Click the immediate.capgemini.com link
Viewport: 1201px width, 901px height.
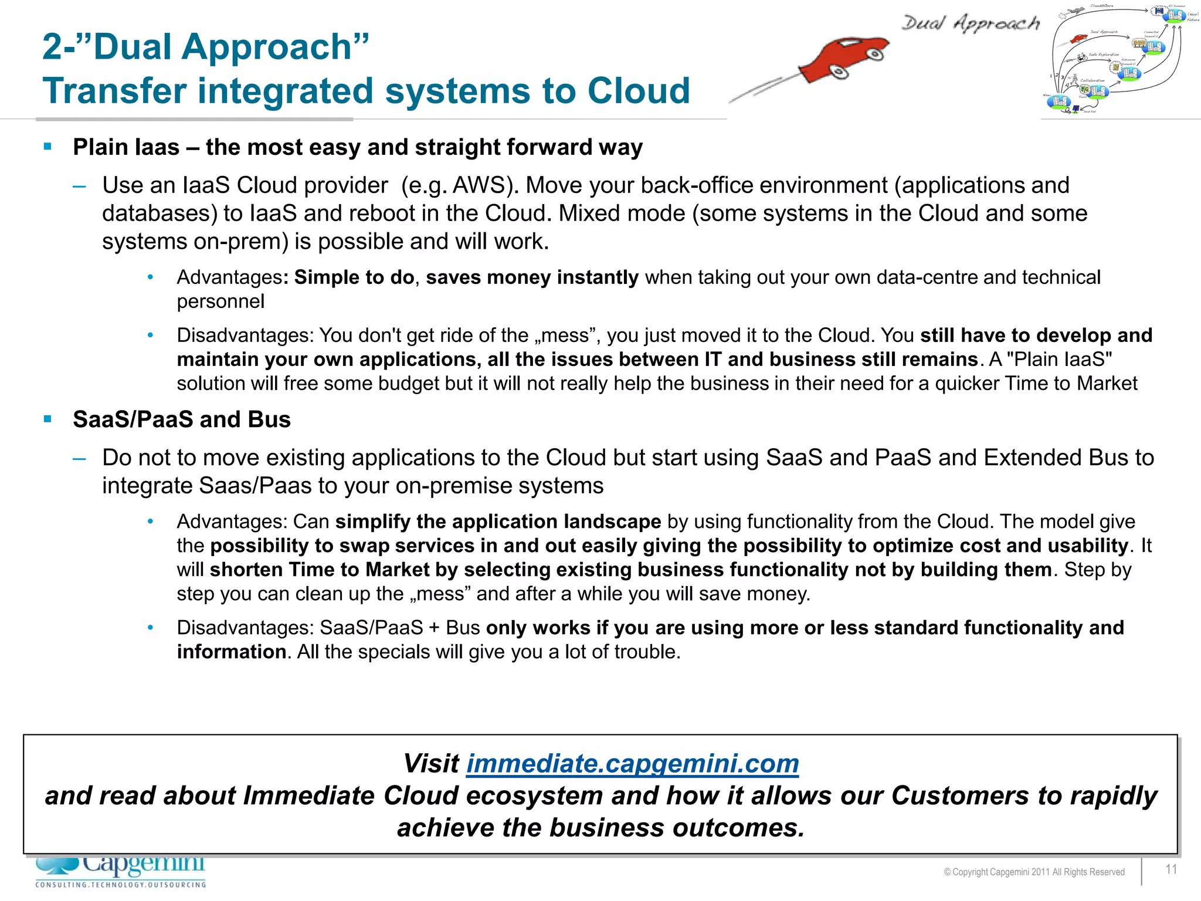pos(632,764)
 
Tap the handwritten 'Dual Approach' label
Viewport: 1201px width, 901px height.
pos(970,23)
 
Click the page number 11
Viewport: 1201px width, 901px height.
pos(1171,869)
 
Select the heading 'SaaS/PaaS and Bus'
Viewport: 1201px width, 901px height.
pos(182,419)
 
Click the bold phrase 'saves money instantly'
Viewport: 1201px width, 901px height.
pos(532,277)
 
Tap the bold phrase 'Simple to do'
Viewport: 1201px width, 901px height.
pos(354,277)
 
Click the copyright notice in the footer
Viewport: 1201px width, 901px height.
pos(1034,872)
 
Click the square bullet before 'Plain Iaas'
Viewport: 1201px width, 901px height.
pos(48,146)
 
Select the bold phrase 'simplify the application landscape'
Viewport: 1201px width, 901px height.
pos(498,521)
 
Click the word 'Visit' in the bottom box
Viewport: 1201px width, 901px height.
pos(431,764)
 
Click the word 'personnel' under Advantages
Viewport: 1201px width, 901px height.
pos(220,302)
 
